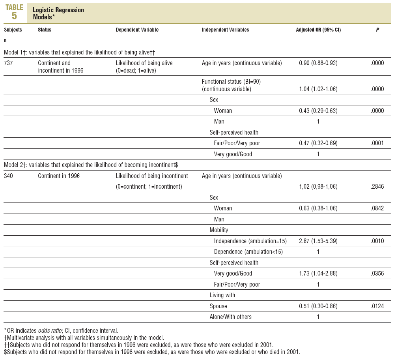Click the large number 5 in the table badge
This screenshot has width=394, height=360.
tap(15, 16)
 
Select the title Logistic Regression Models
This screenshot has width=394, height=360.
tap(58, 13)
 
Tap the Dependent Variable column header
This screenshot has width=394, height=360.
tap(137, 30)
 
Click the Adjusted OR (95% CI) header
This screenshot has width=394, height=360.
tap(318, 30)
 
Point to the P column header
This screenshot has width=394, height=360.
tap(377, 30)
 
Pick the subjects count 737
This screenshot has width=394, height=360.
tap(9, 63)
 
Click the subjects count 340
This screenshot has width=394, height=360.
tap(9, 176)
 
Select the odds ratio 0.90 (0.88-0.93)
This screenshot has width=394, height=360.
tap(318, 63)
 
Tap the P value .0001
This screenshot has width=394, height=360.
tap(377, 143)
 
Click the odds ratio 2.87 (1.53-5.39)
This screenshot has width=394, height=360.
tap(318, 241)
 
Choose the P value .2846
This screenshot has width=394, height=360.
tap(377, 187)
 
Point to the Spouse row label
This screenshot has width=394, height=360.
tap(218, 306)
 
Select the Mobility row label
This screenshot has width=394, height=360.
tap(219, 230)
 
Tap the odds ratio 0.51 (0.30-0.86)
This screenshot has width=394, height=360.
tap(318, 306)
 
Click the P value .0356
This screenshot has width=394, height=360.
tap(377, 274)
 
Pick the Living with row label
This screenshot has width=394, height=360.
tap(222, 295)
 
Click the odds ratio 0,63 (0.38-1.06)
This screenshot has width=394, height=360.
tap(318, 208)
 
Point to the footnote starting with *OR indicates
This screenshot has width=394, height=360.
tap(58, 330)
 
